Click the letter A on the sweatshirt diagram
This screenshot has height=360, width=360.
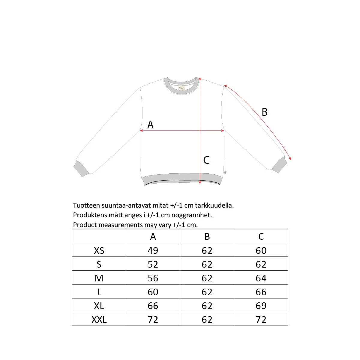[x=150, y=124]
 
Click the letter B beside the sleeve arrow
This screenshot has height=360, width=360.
[x=264, y=112]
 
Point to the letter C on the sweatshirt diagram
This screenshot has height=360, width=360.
[x=206, y=160]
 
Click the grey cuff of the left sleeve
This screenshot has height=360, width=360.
[x=81, y=169]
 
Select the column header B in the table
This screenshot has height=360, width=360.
[x=207, y=236]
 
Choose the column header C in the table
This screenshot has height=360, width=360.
[x=261, y=236]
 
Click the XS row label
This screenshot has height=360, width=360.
[x=99, y=250]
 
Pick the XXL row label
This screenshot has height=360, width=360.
[x=99, y=319]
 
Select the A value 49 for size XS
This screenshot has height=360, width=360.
[x=153, y=250]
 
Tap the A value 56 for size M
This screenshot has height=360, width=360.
[x=153, y=278]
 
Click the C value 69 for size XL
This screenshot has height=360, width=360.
[x=261, y=305]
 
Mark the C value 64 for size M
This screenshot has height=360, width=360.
[x=261, y=278]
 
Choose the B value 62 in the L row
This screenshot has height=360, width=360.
[x=207, y=292]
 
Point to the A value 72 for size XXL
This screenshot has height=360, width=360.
[x=153, y=319]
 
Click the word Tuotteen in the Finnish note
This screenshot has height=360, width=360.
[x=86, y=205]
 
